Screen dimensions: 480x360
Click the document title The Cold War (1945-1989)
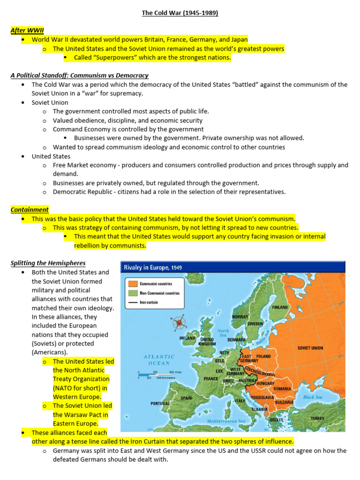coord(180,13)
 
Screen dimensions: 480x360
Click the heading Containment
coord(30,210)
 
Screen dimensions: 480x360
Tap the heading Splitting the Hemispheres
coord(48,263)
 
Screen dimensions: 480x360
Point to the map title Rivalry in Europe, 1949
coord(153,267)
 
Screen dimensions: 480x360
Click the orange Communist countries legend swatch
coord(133,284)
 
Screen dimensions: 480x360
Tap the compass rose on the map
coord(179,322)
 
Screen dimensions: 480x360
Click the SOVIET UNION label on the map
coord(310,348)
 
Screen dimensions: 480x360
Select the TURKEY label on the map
coord(317,418)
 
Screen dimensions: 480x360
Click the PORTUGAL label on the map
coord(160,403)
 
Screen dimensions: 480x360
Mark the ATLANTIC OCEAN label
coord(159,360)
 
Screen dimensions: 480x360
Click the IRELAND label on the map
coord(187,337)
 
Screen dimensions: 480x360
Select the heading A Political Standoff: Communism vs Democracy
coord(80,75)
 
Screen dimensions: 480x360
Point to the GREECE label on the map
coord(276,420)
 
